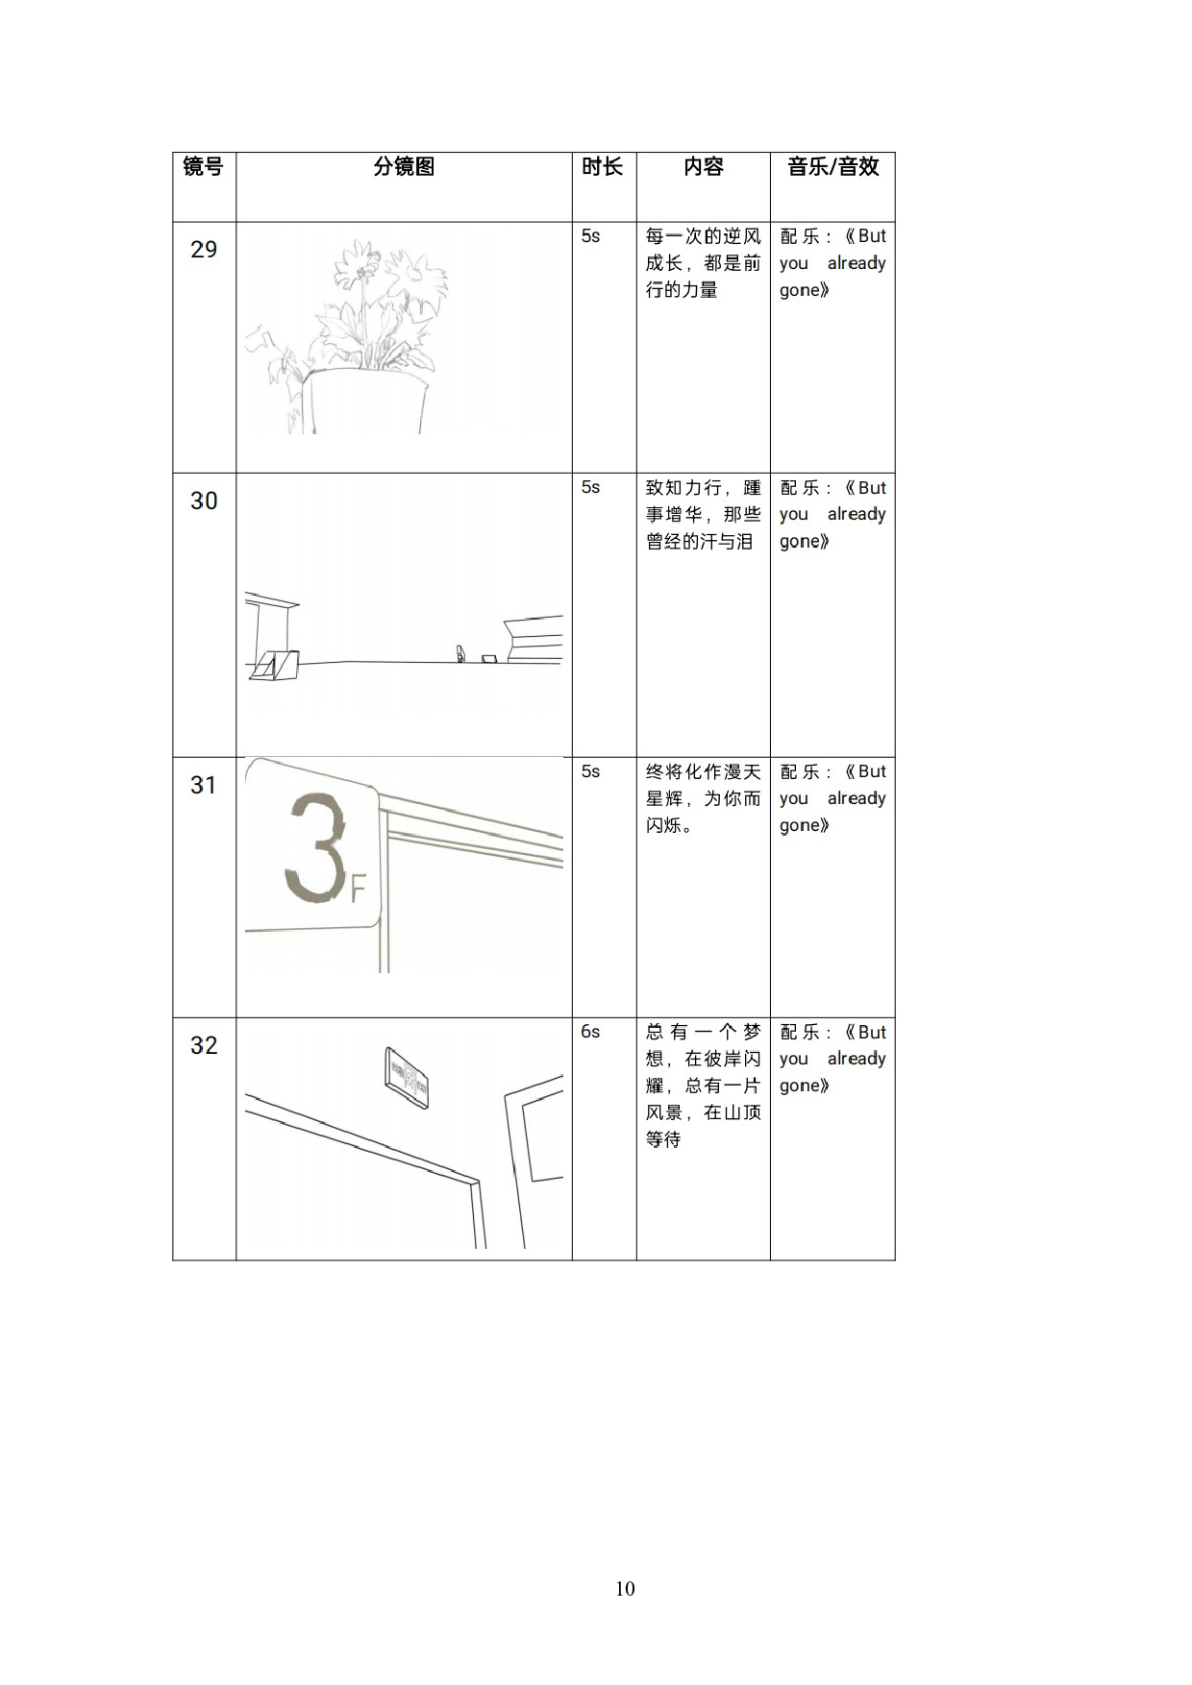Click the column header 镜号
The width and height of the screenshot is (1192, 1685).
pyautogui.click(x=203, y=167)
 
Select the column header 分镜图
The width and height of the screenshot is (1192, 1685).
pyautogui.click(x=404, y=167)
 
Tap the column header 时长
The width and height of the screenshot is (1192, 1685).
pyautogui.click(x=603, y=167)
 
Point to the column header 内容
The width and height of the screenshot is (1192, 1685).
pyautogui.click(x=703, y=167)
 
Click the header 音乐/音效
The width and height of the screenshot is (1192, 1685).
pyautogui.click(x=832, y=167)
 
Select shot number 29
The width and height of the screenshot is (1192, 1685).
pyautogui.click(x=204, y=250)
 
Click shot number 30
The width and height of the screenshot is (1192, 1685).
pyautogui.click(x=204, y=501)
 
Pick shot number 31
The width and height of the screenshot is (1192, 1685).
pyautogui.click(x=204, y=786)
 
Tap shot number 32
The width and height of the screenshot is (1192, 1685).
pyautogui.click(x=204, y=1046)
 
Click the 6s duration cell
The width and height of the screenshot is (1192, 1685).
pyautogui.click(x=590, y=1032)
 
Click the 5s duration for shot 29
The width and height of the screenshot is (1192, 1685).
pyautogui.click(x=590, y=236)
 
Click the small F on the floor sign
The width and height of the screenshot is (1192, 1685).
pyautogui.click(x=359, y=891)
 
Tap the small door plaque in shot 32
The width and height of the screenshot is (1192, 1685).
pyautogui.click(x=407, y=1078)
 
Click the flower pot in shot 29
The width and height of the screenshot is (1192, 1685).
pyautogui.click(x=363, y=402)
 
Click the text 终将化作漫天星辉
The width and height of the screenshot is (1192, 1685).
pyautogui.click(x=703, y=786)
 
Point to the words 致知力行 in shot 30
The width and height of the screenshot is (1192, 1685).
pyautogui.click(x=684, y=488)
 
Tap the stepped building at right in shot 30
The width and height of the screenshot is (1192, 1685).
pyautogui.click(x=534, y=639)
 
